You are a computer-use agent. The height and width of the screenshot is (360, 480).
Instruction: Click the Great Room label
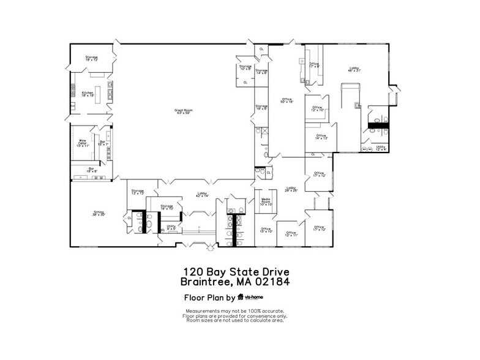[184, 111]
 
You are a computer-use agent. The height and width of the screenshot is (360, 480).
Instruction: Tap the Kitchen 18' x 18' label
[88, 94]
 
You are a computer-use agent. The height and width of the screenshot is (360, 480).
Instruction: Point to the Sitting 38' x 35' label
[99, 214]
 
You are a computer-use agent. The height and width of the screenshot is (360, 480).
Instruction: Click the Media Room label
[266, 202]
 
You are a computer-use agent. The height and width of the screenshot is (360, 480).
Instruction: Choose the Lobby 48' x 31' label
[354, 69]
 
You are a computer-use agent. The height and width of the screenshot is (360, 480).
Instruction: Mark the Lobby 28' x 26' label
[291, 189]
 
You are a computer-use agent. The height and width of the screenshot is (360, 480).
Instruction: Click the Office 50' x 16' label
[286, 101]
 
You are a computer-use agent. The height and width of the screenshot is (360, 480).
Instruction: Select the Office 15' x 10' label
[266, 230]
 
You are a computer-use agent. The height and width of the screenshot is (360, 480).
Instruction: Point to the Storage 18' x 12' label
[92, 59]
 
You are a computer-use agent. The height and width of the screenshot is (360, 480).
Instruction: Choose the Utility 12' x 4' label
[380, 148]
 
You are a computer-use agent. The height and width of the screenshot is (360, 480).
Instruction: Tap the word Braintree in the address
[205, 282]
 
